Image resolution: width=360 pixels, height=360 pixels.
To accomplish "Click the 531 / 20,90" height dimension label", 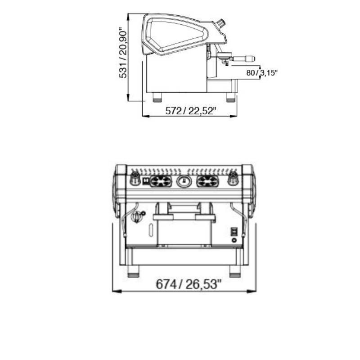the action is click(123, 53).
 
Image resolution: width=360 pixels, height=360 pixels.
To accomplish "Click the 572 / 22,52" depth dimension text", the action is click(191, 111).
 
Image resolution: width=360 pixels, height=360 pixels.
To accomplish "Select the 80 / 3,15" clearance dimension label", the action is click(262, 73).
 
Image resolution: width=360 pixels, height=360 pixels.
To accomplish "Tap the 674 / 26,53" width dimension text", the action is click(189, 284).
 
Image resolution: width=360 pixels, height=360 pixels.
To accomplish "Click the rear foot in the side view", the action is click(157, 97).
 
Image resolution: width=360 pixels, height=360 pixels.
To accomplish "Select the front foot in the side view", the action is click(231, 97).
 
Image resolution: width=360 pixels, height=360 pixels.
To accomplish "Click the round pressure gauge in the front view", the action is click(184, 181).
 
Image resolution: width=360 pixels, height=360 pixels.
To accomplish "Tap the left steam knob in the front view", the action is click(135, 179).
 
